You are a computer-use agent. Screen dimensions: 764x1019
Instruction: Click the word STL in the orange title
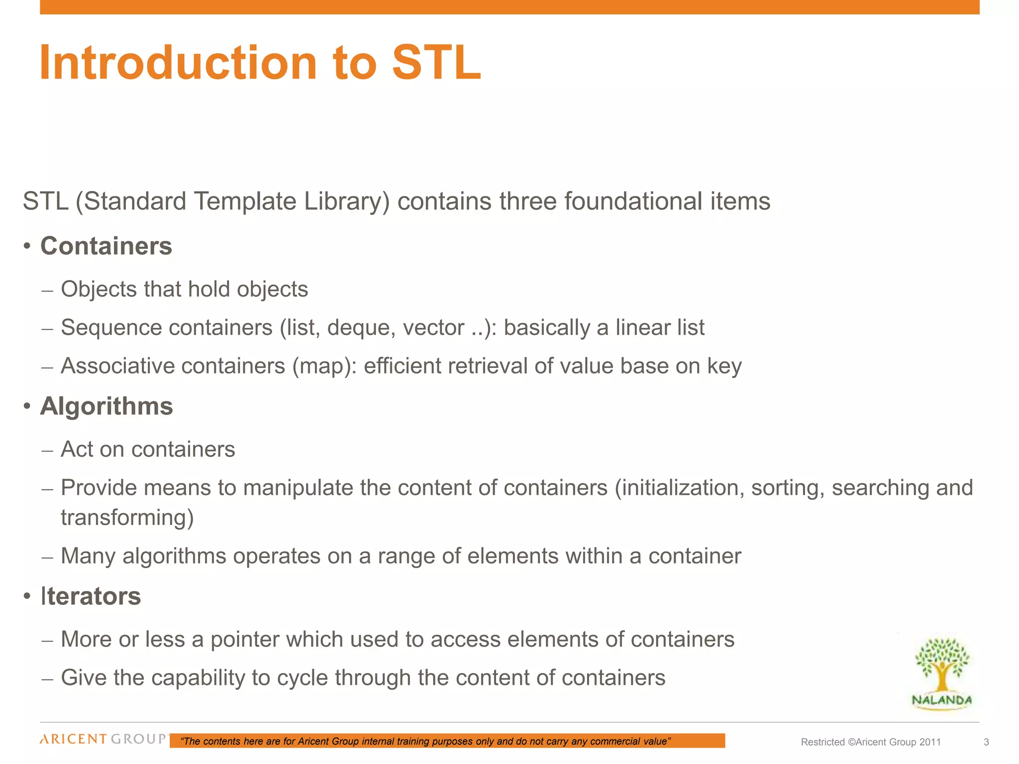(x=436, y=63)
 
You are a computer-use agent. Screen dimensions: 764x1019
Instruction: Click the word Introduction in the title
(x=178, y=63)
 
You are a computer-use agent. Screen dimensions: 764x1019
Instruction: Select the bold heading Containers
(x=106, y=246)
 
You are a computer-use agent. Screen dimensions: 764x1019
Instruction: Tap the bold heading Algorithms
(x=106, y=406)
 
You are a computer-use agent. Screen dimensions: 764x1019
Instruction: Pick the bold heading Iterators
(x=91, y=596)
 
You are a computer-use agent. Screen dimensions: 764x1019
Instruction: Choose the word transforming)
(x=127, y=518)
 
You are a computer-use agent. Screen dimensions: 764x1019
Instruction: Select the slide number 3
(x=986, y=742)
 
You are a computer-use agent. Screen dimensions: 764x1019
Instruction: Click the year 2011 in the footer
(x=930, y=742)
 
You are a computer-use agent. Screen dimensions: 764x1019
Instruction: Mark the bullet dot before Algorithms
(x=27, y=407)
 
